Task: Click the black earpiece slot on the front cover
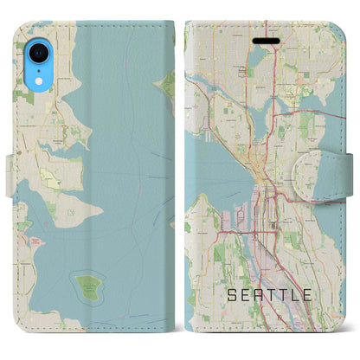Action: (260, 41)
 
